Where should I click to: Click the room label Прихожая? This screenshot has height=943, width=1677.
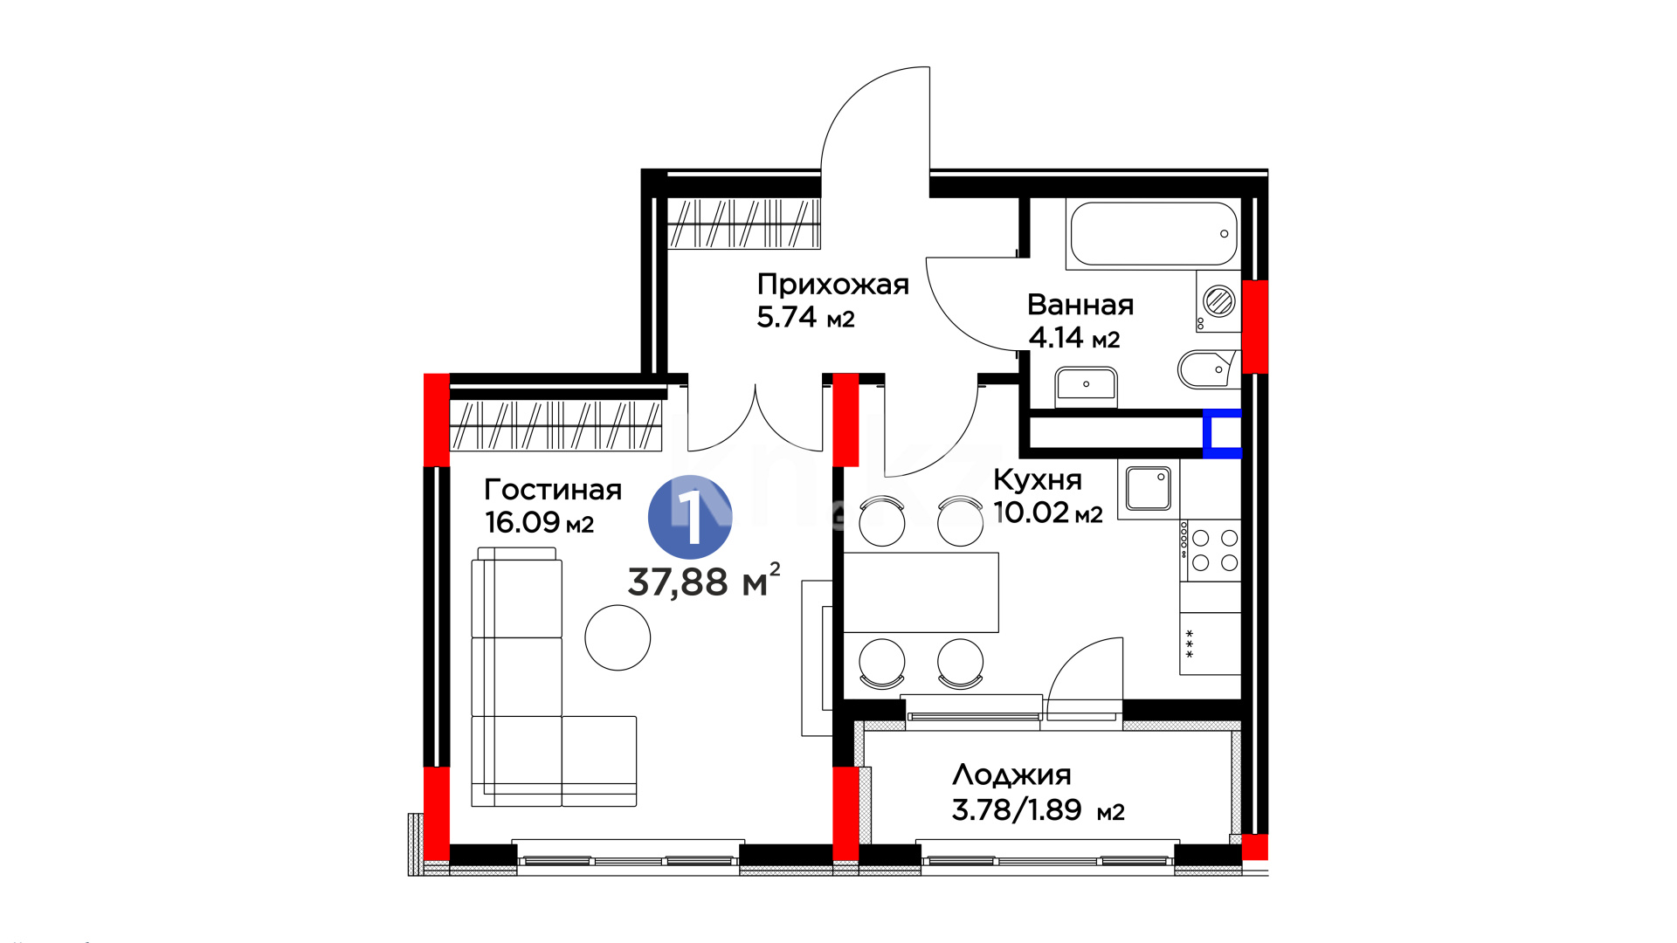832,285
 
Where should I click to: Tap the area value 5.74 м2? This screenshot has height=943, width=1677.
805,317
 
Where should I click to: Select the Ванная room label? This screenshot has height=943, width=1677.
1080,305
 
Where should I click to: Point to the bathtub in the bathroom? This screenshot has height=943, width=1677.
1154,233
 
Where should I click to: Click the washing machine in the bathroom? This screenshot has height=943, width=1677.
1218,301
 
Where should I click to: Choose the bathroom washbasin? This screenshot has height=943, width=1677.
1086,385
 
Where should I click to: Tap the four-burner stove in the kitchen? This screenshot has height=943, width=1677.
1211,550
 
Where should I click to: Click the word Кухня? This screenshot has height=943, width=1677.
1038,480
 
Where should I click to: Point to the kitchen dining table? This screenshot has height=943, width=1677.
921,592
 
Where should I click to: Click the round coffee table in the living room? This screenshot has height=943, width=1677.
618,637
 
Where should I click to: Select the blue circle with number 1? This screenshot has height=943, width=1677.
690,517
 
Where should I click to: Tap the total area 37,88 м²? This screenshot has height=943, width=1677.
704,581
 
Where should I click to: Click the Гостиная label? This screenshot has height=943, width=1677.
553,490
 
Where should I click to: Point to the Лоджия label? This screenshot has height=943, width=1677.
1011,775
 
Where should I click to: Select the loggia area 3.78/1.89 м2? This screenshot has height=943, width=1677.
1038,810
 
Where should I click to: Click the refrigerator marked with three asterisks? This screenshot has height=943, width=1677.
1211,644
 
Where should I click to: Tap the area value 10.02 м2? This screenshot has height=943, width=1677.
1048,513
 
